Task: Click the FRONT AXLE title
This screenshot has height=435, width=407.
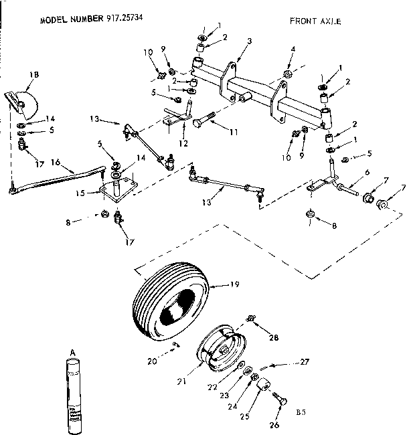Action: pyautogui.click(x=315, y=21)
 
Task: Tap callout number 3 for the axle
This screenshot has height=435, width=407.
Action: pyautogui.click(x=248, y=41)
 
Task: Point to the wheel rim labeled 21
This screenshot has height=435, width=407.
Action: pyautogui.click(x=220, y=349)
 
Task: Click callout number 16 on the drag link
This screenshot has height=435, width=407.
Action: pyautogui.click(x=56, y=161)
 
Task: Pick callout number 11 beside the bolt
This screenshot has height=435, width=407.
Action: pyautogui.click(x=234, y=133)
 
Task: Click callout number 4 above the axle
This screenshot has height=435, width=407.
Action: pyautogui.click(x=293, y=49)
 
